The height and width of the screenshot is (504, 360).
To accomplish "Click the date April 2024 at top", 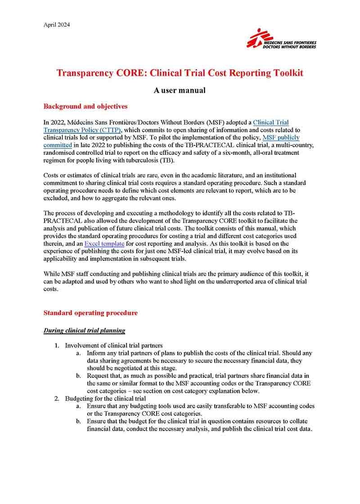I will coord(57,24).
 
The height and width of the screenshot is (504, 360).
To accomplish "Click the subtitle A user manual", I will coord(180,90).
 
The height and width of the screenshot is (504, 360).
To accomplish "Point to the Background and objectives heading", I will coord(85,107).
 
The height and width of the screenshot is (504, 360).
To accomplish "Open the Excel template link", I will coord(104,243).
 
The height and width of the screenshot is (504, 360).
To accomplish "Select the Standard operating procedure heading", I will coord(90,313).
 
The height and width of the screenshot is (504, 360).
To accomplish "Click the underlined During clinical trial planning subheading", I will coord(84,331).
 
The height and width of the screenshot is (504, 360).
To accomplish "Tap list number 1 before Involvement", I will coord(57,346).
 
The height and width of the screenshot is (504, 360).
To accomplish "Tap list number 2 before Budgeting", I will coord(57,399).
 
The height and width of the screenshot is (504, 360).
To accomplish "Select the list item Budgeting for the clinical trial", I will coord(105,399).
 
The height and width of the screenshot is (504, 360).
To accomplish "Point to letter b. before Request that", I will coord(78,376).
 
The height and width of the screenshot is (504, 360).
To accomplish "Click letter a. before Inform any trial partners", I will coord(78,353).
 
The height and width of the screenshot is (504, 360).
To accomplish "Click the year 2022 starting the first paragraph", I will coord(59,122).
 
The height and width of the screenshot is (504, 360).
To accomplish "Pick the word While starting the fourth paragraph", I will coord(52,274).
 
